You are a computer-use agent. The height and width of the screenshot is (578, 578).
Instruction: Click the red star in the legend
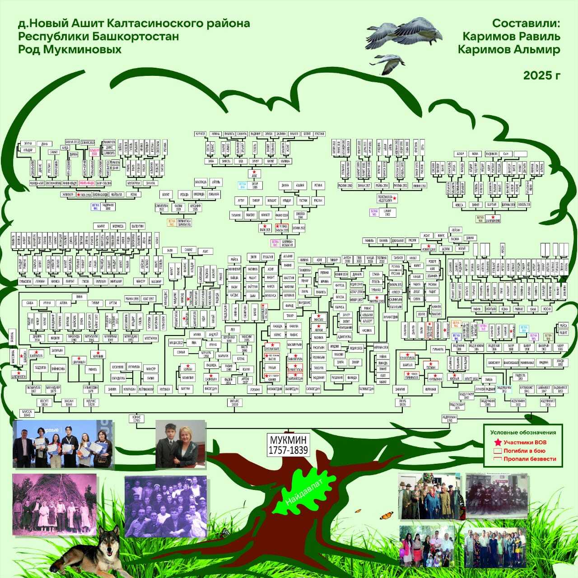point(497,443)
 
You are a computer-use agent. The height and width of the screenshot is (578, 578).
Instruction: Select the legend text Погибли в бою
point(524,451)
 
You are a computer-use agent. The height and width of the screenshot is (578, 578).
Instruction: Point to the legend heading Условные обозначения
point(523,433)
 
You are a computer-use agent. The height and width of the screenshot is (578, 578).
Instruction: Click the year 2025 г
point(541,75)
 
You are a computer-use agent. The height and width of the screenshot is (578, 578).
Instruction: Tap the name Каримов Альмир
point(509,50)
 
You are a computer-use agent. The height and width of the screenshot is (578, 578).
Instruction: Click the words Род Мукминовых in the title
point(70,49)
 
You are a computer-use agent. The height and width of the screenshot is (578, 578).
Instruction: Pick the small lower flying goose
point(389,63)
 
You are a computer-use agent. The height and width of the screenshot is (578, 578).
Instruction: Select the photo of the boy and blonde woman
point(181,444)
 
